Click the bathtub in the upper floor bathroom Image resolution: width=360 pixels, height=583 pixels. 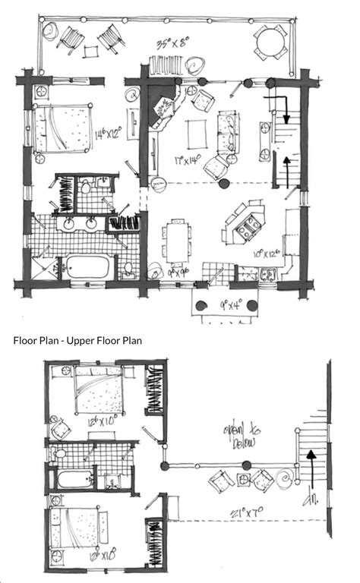[x=74, y=480]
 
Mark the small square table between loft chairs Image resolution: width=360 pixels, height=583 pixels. [x=243, y=479]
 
